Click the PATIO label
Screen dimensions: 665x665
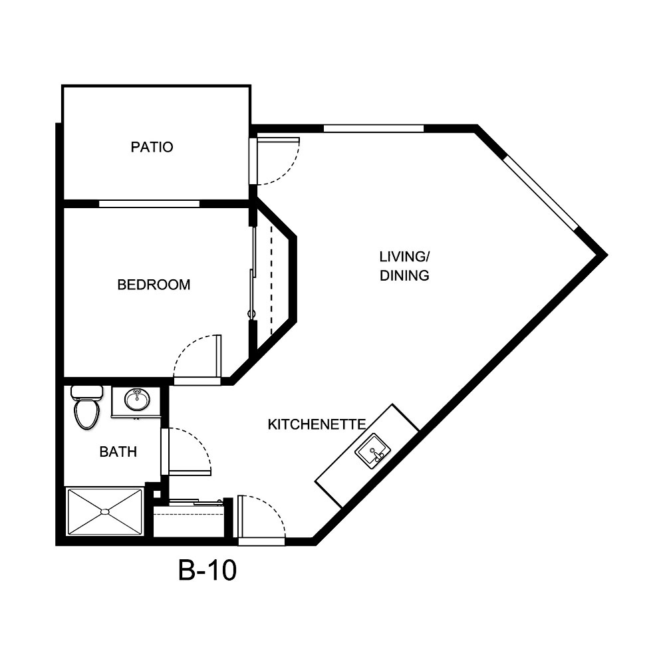pyautogui.click(x=152, y=147)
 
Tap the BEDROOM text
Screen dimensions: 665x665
pyautogui.click(x=154, y=285)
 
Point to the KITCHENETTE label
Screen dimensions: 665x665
pyautogui.click(x=317, y=424)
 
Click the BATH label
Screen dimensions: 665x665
pyautogui.click(x=118, y=452)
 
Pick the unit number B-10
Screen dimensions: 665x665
pyautogui.click(x=207, y=571)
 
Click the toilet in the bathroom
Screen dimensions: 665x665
pyautogui.click(x=86, y=408)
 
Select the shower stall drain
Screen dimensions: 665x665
pyautogui.click(x=104, y=511)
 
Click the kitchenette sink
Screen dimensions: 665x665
pyautogui.click(x=372, y=452)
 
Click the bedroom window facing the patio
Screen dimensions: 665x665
pyautogui.click(x=149, y=203)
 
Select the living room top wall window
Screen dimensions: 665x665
pyautogui.click(x=373, y=128)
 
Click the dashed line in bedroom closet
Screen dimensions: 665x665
pyautogui.click(x=271, y=279)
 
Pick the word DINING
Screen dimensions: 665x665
pyautogui.click(x=404, y=275)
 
